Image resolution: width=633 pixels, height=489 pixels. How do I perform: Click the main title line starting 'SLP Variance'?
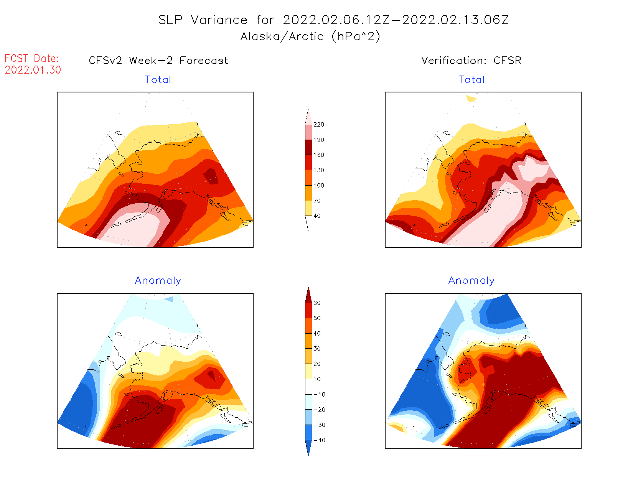click(333, 20)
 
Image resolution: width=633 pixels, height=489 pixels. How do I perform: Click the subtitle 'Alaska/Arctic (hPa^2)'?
click(310, 36)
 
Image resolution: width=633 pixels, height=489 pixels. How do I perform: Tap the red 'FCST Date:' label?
click(32, 58)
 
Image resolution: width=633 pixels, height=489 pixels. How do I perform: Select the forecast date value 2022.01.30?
click(33, 70)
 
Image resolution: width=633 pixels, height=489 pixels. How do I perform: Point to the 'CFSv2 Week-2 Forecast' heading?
click(158, 61)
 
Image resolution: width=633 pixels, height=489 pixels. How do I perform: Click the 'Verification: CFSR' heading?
click(471, 61)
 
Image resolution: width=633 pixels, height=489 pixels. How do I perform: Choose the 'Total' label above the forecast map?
click(158, 80)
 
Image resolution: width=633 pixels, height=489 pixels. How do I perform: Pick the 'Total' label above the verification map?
click(471, 80)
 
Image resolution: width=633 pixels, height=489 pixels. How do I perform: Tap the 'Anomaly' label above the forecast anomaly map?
click(158, 281)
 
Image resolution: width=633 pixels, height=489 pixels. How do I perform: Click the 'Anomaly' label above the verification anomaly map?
click(471, 281)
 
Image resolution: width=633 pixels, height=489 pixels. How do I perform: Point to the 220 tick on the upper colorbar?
click(318, 125)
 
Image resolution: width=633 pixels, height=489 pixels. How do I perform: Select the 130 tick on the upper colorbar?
click(318, 170)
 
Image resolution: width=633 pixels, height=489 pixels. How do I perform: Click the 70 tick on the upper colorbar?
click(317, 201)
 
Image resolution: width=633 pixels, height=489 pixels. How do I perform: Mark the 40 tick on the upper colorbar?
click(317, 216)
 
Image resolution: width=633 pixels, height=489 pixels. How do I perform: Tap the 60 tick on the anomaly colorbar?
click(317, 303)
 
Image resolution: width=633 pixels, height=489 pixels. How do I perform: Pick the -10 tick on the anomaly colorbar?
click(319, 394)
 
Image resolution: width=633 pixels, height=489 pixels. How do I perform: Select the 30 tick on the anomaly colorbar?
click(317, 349)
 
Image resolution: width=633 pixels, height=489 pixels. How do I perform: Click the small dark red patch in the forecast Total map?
click(211, 176)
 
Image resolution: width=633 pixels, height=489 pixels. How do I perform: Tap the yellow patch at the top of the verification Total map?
click(471, 98)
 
